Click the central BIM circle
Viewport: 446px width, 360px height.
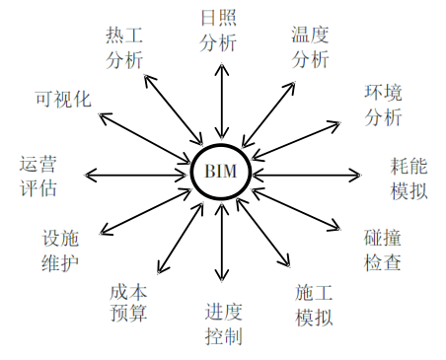pos(222,172)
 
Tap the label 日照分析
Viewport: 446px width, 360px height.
pos(218,32)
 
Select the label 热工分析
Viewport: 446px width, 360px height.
pos(125,46)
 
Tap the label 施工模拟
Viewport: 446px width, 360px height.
pos(313,305)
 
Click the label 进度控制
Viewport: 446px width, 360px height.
pos(224,324)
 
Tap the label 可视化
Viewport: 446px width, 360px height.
pos(63,100)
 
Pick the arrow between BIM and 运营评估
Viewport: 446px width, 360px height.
pos(137,176)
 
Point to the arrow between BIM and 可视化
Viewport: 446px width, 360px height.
pos(148,134)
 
